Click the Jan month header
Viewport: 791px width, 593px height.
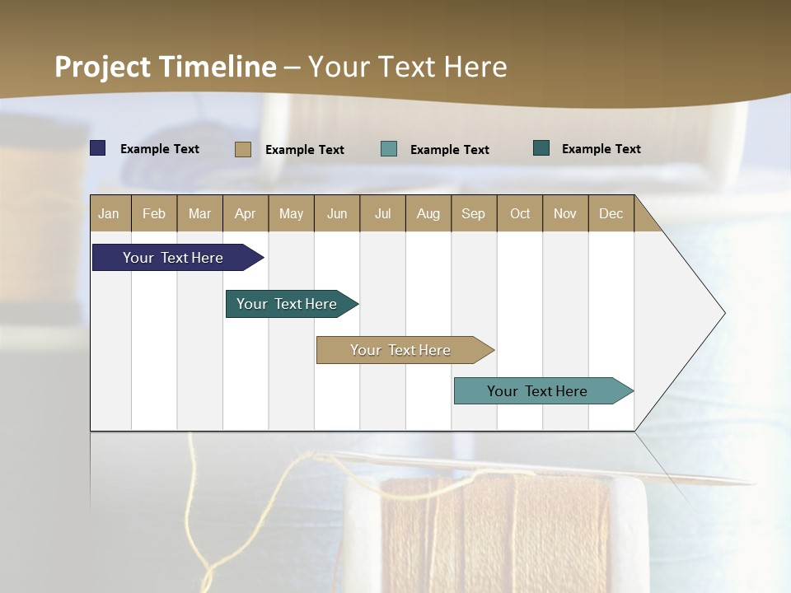110,213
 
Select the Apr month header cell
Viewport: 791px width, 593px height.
246,213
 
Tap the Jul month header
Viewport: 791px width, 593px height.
382,213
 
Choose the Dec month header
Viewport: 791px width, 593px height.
611,213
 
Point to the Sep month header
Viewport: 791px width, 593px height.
473,213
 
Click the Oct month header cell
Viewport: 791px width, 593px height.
520,213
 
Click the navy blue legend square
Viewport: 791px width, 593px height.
98,148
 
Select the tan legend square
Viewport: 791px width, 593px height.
243,149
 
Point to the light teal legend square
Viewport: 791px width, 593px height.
389,149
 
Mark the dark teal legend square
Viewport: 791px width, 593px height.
541,148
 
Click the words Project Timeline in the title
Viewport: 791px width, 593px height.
165,67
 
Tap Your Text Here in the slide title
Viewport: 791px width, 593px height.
407,67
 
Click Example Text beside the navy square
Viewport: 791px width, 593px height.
160,149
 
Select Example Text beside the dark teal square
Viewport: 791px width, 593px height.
601,149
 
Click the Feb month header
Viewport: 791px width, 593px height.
154,213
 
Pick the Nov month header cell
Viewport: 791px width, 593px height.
565,213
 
